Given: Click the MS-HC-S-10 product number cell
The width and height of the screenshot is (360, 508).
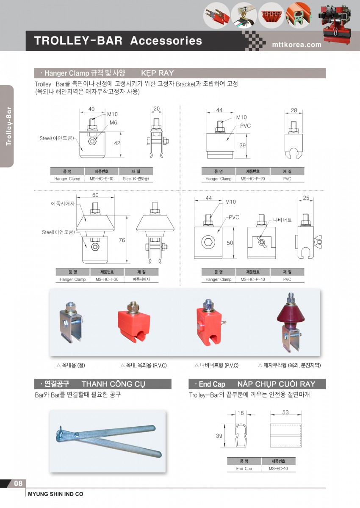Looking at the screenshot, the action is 101,179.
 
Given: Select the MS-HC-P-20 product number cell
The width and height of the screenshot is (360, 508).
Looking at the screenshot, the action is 253,179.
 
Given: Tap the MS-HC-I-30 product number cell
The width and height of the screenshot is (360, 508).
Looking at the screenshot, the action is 107,279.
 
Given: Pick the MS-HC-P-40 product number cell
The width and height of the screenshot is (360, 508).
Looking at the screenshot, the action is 253,279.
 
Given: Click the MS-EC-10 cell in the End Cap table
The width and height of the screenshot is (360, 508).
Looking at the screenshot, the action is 278,469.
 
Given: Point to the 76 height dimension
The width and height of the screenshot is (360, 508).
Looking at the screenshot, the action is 122,240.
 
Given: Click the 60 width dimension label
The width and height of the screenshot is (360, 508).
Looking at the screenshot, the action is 95,195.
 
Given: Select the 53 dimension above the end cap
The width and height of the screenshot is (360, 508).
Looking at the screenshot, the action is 285,412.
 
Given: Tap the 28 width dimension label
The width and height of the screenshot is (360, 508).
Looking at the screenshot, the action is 294,110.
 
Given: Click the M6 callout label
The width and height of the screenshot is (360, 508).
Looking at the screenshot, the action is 114,122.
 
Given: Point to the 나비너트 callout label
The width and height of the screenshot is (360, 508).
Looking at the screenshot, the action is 282,220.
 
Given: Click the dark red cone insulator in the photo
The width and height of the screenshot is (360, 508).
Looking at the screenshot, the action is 291,315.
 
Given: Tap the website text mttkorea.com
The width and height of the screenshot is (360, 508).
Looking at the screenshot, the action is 297,45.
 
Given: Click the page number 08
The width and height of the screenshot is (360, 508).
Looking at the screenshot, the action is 18,483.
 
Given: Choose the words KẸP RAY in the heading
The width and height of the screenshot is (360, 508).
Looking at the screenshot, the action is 158,73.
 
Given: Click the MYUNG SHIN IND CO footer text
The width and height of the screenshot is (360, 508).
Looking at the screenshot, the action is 55,494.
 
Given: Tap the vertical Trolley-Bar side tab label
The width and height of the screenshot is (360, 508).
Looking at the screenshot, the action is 8,126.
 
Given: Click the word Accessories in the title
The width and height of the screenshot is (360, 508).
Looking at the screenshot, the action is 166,41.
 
